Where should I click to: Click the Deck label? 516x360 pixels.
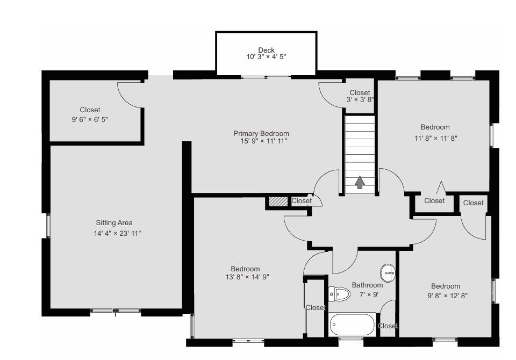coord(266,50)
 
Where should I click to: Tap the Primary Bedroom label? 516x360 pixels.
coord(261,134)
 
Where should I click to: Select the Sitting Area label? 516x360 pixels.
coord(114,223)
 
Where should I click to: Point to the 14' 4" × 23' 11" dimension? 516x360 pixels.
coord(117,233)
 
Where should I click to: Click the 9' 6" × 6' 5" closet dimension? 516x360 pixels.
coord(90,119)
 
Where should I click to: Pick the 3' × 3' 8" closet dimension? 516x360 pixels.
coord(360,100)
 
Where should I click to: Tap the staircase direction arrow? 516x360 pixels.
coord(360,182)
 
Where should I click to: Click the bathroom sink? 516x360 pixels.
coord(388,273)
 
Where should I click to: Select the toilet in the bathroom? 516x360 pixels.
coord(339,293)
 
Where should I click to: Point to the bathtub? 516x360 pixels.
coord(352,325)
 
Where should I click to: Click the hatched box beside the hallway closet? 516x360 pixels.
coord(278,201)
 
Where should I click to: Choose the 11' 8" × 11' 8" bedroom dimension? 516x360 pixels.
coord(436,139)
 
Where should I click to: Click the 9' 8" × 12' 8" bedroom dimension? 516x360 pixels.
coord(447,296)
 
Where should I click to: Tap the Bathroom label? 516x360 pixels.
coord(367,285)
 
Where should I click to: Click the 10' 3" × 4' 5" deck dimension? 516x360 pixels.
coord(266,56)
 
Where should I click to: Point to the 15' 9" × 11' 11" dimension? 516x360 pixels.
coord(264,141)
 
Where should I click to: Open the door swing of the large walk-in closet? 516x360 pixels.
coord(130,95)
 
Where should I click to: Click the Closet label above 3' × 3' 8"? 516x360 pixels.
coord(360,92)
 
